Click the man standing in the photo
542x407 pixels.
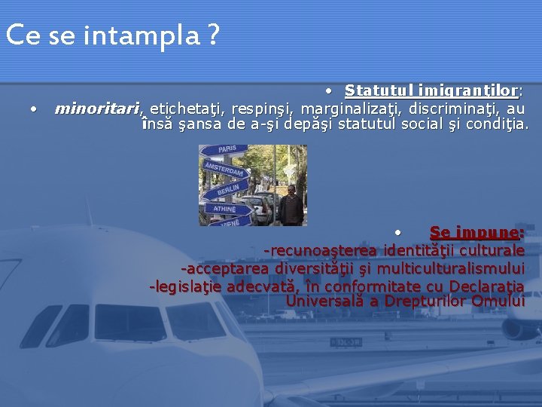pyautogui.click(x=290, y=205)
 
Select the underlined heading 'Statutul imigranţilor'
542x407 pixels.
pyautogui.click(x=431, y=91)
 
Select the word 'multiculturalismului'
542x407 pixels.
pyautogui.click(x=451, y=268)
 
